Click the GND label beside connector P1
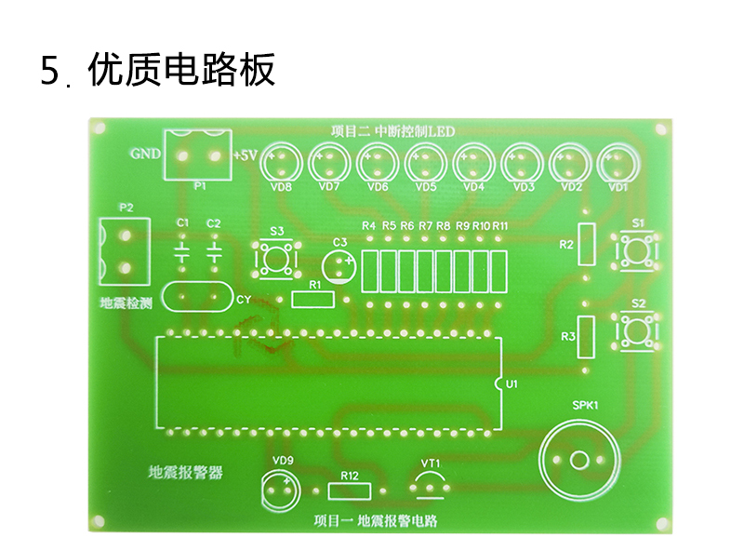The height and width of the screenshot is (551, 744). (x=145, y=154)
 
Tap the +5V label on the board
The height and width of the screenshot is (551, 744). (x=245, y=155)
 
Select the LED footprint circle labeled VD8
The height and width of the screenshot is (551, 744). (x=282, y=163)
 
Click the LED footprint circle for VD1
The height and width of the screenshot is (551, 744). (x=618, y=164)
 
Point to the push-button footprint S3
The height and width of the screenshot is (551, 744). (x=277, y=259)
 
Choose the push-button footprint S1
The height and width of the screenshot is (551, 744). (x=637, y=250)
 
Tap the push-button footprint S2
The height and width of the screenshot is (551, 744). (x=637, y=330)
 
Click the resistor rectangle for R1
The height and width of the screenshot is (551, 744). (x=312, y=300)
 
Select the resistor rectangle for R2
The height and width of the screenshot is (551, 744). (x=587, y=244)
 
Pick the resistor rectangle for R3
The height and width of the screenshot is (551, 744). (x=586, y=337)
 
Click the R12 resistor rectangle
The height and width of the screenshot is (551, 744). (x=350, y=491)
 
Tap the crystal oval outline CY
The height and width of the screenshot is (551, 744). (x=198, y=297)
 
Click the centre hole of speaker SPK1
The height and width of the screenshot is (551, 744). (x=578, y=460)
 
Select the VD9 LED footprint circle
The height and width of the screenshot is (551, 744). (x=281, y=491)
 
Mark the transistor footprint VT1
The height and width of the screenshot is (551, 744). (x=431, y=486)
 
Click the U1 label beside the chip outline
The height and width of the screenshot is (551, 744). (x=511, y=383)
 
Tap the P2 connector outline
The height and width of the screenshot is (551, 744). (x=125, y=251)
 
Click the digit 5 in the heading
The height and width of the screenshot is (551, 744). (x=49, y=71)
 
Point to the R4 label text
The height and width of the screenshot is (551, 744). (x=368, y=225)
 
